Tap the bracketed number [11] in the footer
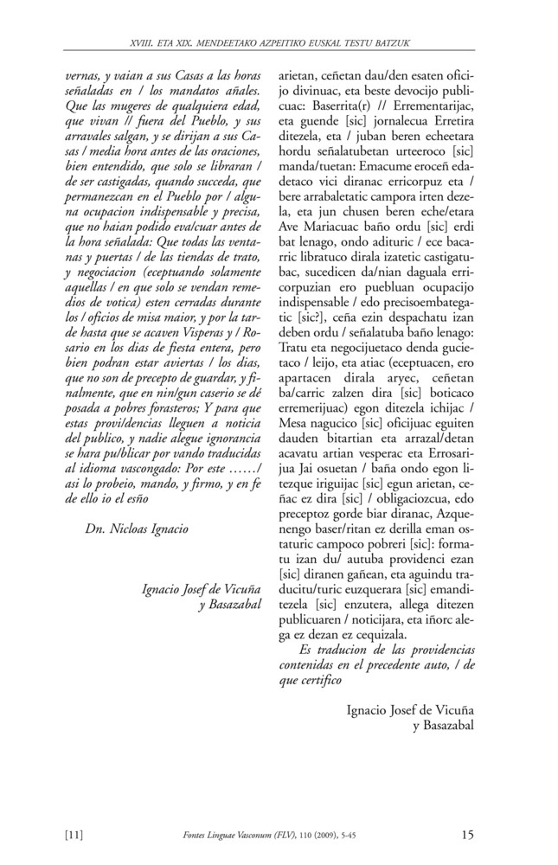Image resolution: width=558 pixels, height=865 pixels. point(74,835)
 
